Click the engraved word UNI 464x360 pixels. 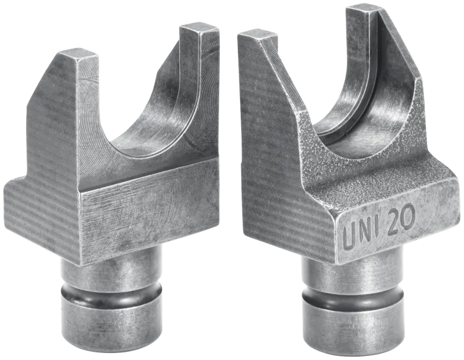(362, 234)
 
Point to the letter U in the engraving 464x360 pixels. (349, 237)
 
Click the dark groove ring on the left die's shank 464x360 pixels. (112, 293)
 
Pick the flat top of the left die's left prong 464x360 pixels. (78, 55)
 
